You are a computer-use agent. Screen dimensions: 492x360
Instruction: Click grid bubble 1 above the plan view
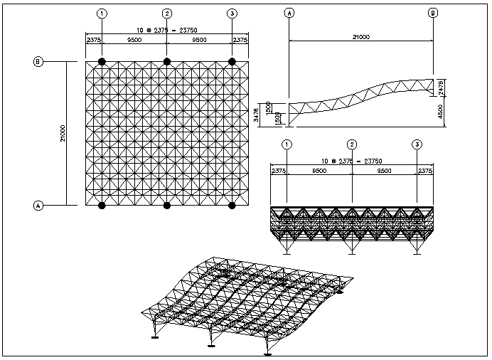click(x=102, y=14)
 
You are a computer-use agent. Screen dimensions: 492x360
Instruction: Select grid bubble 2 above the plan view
click(x=167, y=14)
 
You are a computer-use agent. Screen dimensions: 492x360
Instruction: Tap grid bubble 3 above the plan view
click(x=232, y=14)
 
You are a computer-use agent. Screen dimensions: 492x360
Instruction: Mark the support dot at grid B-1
click(x=102, y=62)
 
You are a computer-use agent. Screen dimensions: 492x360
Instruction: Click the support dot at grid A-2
click(x=167, y=206)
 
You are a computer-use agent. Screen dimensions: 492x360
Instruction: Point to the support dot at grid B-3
click(x=232, y=62)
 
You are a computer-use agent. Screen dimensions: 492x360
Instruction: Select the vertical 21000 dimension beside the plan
click(x=63, y=133)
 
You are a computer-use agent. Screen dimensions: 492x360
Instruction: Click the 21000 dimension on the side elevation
click(x=361, y=37)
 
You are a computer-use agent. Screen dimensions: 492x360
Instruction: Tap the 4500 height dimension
click(x=441, y=111)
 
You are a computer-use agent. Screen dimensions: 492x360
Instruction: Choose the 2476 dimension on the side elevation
click(x=441, y=86)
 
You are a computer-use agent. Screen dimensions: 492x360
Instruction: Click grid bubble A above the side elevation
click(x=289, y=13)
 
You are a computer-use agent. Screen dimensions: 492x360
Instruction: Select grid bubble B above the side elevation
click(x=433, y=13)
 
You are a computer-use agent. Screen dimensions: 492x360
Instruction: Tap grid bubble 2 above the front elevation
click(x=352, y=144)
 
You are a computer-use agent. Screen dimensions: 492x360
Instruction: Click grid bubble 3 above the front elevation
click(x=417, y=144)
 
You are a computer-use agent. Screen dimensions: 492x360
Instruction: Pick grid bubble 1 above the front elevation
click(x=287, y=144)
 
